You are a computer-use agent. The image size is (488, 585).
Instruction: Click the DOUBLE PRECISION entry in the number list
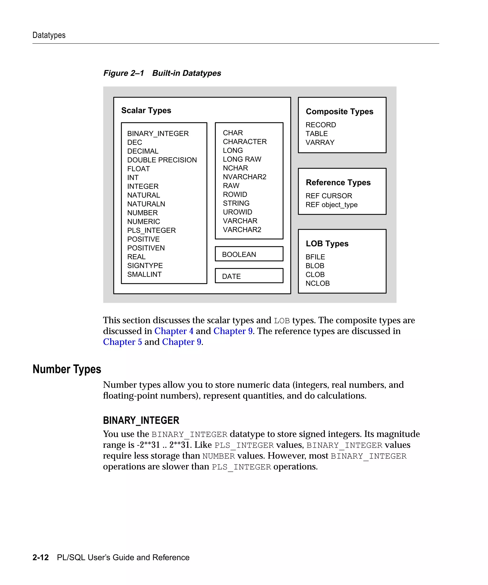[x=162, y=160]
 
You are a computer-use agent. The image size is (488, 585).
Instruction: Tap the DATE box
[x=249, y=276]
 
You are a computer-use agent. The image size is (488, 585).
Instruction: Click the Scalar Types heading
[x=146, y=110]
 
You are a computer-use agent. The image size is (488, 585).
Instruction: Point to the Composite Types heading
[x=339, y=111]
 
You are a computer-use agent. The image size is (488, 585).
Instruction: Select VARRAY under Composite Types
[x=320, y=142]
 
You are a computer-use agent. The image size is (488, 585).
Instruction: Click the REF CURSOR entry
[x=329, y=196]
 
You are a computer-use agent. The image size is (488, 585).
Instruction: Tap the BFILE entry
[x=315, y=257]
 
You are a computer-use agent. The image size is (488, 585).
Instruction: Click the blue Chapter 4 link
[x=174, y=331]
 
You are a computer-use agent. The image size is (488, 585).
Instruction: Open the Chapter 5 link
[x=122, y=342]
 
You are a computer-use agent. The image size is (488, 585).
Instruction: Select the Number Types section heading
[x=67, y=369]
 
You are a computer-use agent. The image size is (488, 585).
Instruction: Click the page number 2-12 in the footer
[x=41, y=557]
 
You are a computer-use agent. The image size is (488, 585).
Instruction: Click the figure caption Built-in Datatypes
[x=186, y=73]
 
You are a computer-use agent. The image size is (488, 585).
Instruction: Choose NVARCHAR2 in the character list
[x=244, y=177]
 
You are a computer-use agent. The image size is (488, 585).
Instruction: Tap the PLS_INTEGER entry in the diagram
[x=151, y=230]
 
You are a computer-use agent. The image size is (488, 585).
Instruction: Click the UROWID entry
[x=237, y=212]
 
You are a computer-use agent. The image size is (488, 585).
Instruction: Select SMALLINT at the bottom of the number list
[x=144, y=274]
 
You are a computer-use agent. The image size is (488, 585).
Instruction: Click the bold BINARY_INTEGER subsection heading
[x=141, y=420]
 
